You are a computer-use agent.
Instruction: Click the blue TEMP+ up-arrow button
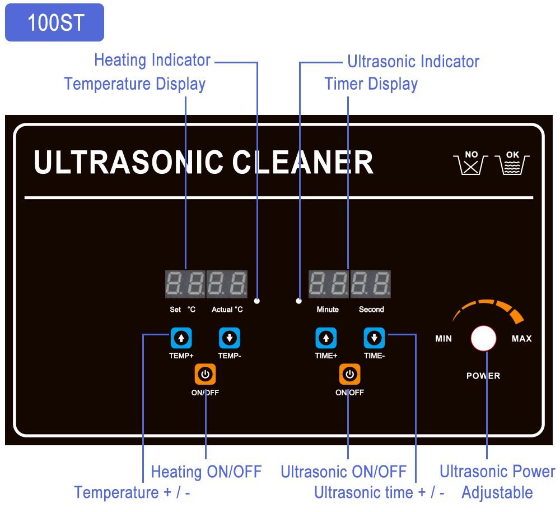click(181, 338)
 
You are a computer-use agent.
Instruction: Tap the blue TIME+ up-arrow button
click(326, 338)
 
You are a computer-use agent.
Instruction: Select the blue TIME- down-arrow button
click(374, 338)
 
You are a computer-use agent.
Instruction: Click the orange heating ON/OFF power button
click(205, 374)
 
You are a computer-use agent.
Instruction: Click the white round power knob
click(484, 338)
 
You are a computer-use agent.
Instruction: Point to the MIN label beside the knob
click(444, 339)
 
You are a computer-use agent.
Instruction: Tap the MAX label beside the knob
click(521, 339)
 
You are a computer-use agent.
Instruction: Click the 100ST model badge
click(55, 23)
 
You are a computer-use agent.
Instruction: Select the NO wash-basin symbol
click(470, 162)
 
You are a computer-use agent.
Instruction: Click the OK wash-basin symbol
click(512, 162)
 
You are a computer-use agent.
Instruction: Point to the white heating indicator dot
click(257, 301)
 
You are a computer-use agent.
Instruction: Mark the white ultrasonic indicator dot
click(299, 301)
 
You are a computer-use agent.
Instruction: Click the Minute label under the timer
click(328, 310)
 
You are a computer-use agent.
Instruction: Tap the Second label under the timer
click(371, 310)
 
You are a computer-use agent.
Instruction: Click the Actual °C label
click(227, 310)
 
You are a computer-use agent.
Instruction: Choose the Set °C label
click(183, 310)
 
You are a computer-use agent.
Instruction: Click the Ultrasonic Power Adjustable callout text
click(497, 482)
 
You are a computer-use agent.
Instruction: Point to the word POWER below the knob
click(483, 376)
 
